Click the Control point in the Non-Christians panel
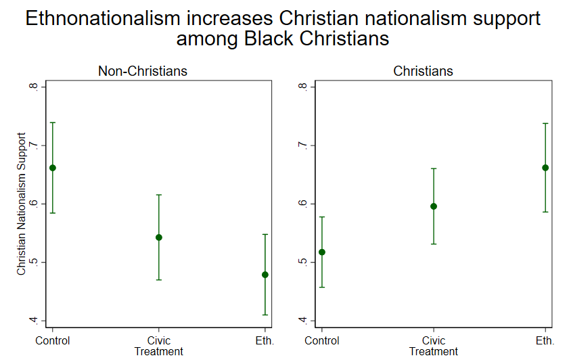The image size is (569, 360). pos(53,168)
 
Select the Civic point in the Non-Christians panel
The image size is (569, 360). pos(159,238)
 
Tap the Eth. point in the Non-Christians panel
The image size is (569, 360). pos(265,275)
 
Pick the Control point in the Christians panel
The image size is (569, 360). pos(322,252)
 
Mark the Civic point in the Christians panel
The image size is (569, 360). pos(434,206)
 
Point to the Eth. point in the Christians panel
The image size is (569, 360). pos(545,168)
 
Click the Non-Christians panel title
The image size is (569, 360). pos(142,71)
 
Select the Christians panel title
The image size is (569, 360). pos(424,71)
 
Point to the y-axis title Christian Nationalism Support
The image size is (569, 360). pos(22,203)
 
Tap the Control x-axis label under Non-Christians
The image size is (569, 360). pos(53,340)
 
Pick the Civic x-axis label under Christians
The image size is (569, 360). pos(434,340)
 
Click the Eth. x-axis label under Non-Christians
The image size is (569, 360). pos(265,340)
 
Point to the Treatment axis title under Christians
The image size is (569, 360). pos(434,351)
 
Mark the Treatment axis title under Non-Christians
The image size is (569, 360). pos(159,351)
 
